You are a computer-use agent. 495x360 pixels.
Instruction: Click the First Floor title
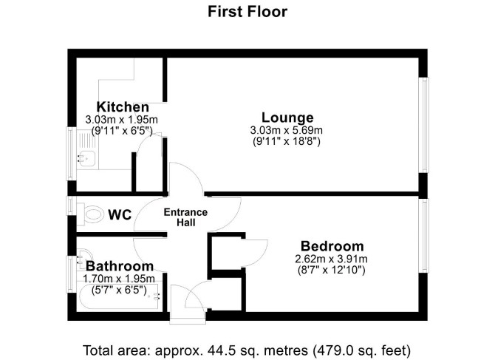(x=247, y=12)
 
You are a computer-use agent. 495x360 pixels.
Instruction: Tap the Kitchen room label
(x=123, y=106)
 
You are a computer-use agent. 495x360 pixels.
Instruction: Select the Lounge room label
(x=287, y=118)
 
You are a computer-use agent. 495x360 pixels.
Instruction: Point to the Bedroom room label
(x=332, y=246)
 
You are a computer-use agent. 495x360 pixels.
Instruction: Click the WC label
(x=120, y=214)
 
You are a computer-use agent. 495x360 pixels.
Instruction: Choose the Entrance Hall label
(x=185, y=217)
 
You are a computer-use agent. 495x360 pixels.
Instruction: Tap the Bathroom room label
(x=120, y=266)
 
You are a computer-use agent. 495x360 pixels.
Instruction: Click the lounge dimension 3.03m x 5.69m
(x=287, y=130)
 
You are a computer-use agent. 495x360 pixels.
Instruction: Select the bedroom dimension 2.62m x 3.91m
(x=331, y=259)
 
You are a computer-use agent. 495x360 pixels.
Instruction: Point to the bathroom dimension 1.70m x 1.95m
(x=119, y=279)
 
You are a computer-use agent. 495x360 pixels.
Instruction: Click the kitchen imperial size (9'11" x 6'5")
(x=122, y=130)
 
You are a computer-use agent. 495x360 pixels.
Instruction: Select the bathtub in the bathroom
(x=119, y=297)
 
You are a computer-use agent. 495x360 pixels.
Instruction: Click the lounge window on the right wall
(x=423, y=125)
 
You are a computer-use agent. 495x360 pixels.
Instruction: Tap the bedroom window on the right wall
(x=423, y=236)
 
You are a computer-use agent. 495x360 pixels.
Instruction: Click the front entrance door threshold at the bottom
(x=188, y=318)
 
